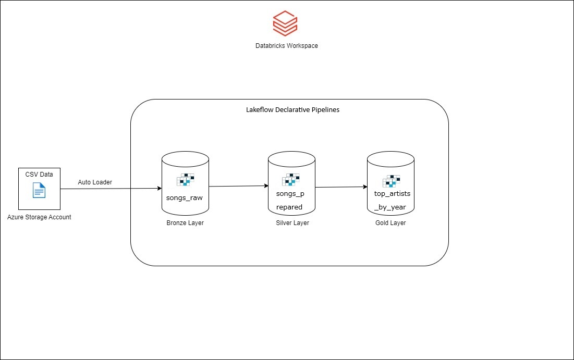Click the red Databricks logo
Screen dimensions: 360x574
coord(285,24)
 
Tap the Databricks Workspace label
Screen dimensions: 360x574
coord(286,46)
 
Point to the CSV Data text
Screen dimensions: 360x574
coord(39,174)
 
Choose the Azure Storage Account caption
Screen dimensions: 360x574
coord(39,217)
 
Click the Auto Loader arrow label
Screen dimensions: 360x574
coord(95,182)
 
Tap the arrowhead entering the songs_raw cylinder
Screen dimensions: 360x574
coord(158,188)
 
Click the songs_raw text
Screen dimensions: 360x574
coord(185,198)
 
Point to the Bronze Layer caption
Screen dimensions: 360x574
coord(185,223)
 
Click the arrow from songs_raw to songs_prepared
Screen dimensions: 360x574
coord(238,186)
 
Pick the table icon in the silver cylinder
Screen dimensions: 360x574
coord(291,180)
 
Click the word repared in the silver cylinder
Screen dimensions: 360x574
coord(289,207)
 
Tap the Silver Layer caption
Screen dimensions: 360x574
coord(292,223)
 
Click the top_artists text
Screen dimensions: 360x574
coord(392,194)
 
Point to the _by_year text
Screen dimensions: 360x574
coord(390,207)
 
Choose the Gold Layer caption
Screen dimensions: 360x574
coord(390,223)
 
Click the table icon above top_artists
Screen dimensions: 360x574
coord(391,180)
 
